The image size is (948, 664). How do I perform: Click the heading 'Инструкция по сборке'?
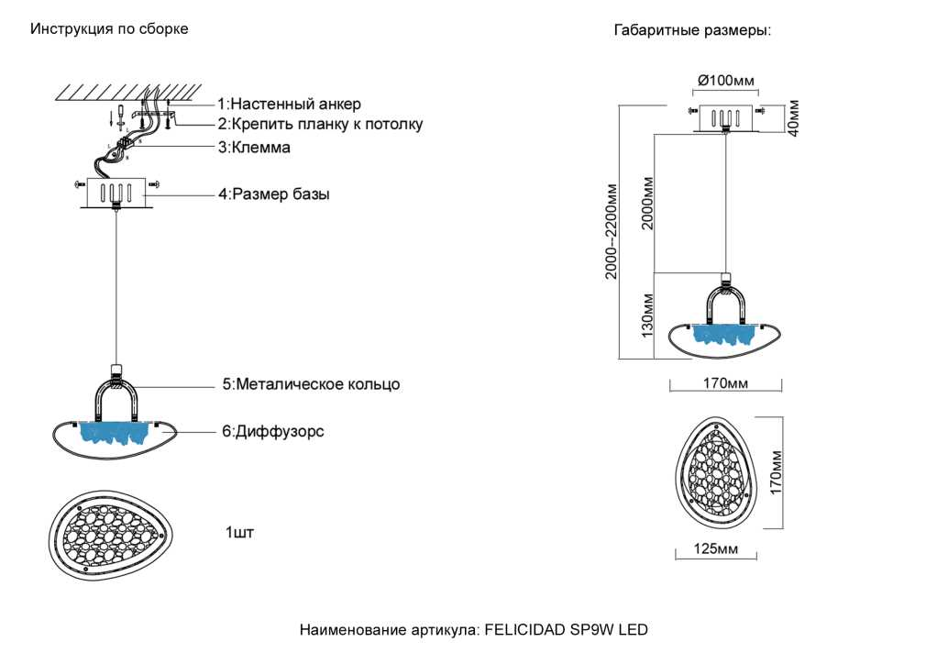[x=109, y=29]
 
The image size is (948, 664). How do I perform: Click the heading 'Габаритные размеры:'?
[x=692, y=30]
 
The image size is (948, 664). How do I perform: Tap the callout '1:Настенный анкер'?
[x=290, y=104]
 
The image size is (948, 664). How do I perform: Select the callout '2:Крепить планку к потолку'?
[x=321, y=124]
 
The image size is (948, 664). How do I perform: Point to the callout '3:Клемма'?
[x=255, y=147]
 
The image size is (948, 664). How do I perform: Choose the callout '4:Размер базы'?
[x=274, y=194]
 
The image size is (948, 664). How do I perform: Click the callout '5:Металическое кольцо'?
[x=312, y=384]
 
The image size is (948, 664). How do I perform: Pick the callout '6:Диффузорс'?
[x=273, y=431]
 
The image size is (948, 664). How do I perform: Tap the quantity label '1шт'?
[x=239, y=532]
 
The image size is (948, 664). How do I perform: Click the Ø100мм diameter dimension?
[x=725, y=81]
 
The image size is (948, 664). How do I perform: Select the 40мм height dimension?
[x=793, y=118]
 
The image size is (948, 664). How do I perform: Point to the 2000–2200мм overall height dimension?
[x=612, y=232]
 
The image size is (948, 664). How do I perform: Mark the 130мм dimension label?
[x=647, y=315]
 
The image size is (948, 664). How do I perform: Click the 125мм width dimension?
[x=716, y=548]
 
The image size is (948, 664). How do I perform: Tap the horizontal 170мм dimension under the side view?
[x=725, y=382]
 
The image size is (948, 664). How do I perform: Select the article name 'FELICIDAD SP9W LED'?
[x=567, y=629]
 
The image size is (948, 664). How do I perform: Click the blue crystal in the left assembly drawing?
[x=114, y=433]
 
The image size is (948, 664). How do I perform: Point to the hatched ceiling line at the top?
[x=128, y=92]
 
